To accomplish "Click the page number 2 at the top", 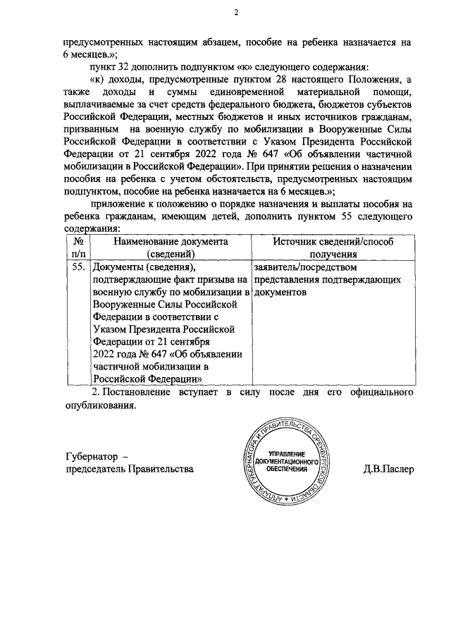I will tap(237, 12).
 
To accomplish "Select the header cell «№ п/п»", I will tap(78, 247).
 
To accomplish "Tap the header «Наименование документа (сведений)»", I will tap(168, 247).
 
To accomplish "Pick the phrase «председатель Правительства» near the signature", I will tap(129, 470).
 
